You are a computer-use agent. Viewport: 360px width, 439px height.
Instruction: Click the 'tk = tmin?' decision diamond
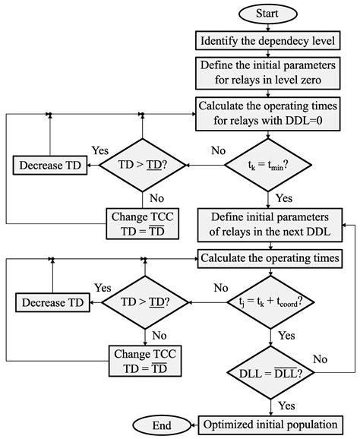(267, 163)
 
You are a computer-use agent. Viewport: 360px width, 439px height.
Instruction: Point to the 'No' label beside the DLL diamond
(319, 358)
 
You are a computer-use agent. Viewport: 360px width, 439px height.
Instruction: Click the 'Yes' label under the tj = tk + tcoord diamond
(285, 335)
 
